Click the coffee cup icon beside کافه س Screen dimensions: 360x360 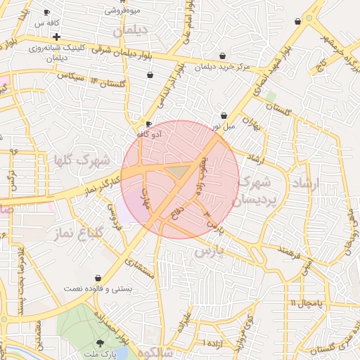[x=46, y=13]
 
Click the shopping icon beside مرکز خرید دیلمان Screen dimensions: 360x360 [x=223, y=56]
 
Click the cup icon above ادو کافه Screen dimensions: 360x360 [x=148, y=123]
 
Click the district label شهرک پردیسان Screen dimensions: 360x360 [x=252, y=191]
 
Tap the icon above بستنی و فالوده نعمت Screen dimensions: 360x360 [x=97, y=278]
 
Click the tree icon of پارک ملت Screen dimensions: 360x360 [x=99, y=342]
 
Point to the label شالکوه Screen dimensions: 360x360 [x=155, y=352]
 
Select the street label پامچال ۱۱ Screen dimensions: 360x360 [x=305, y=302]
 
